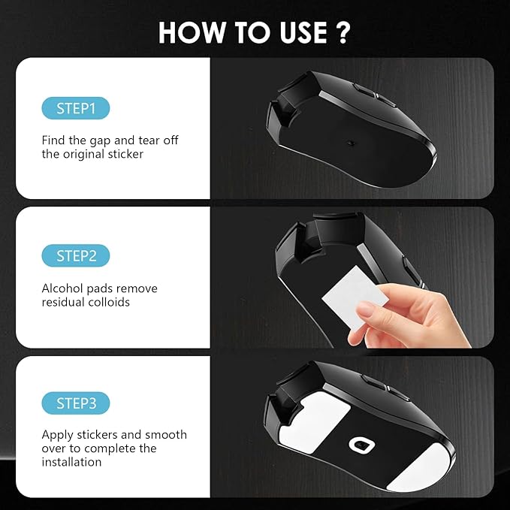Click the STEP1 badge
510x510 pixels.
(76, 108)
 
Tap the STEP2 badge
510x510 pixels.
(76, 255)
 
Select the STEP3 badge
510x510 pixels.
(76, 403)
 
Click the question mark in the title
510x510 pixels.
(343, 33)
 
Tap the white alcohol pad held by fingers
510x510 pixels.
(347, 298)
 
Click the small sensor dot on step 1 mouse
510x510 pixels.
(350, 139)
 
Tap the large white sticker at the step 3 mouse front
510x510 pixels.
(317, 420)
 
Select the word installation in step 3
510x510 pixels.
(71, 463)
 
